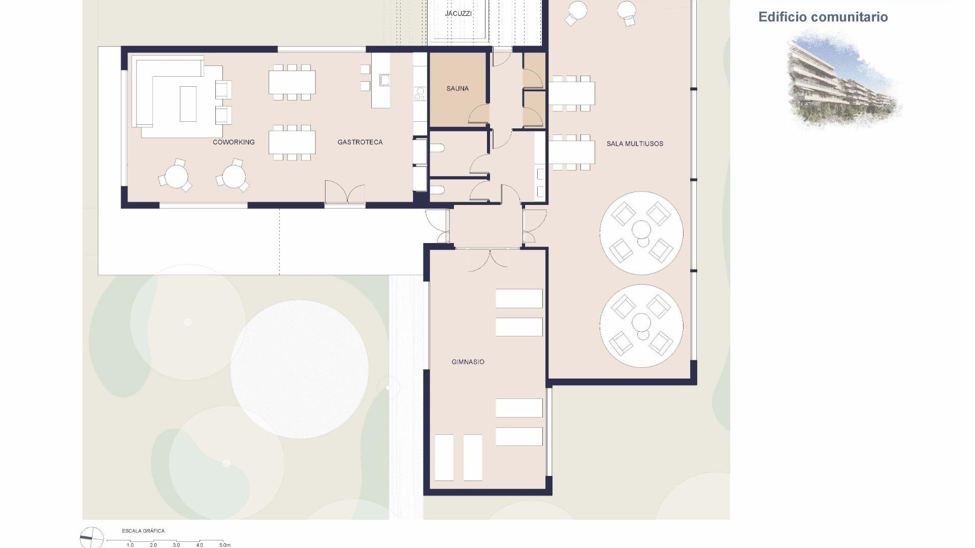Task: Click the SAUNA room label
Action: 457,89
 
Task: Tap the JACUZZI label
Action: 458,13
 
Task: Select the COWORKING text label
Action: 234,142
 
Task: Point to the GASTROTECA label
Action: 360,142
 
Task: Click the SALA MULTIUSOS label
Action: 635,144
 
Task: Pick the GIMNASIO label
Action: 468,362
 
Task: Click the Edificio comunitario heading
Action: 823,17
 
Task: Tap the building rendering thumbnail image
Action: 843,79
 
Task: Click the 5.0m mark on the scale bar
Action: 224,544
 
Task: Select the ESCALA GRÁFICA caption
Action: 143,531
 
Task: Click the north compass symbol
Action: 91,537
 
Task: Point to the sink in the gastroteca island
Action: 384,80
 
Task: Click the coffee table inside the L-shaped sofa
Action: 188,104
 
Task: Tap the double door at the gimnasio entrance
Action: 487,259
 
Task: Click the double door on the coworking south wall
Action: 345,193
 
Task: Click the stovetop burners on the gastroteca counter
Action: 420,93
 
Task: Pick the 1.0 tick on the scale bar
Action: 130,544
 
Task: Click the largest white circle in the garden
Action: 300,369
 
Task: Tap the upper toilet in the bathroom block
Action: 438,148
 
